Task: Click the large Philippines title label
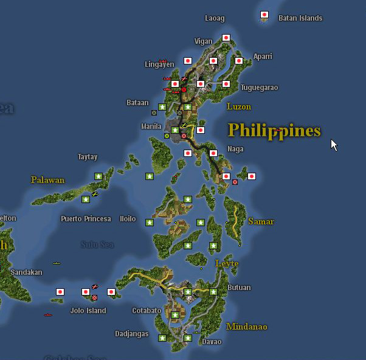coord(274,130)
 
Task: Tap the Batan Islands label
coord(300,18)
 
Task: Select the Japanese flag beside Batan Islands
coord(264,15)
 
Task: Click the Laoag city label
coord(215,18)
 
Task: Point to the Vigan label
coord(203,41)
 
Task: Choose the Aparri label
coord(263,57)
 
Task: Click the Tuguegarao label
coord(259,88)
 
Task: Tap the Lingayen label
coord(159,64)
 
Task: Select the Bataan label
coord(137,103)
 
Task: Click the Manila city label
coord(151,126)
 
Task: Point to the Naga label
coord(235,149)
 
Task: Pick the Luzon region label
coord(238,107)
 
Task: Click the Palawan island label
coord(47,180)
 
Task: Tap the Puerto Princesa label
coord(86,219)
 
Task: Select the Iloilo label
coord(128,219)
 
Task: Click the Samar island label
coord(261,222)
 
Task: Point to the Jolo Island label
coord(88,311)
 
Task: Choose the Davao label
coord(212,342)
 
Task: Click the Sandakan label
coord(27,272)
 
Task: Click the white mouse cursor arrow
coord(334,145)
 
